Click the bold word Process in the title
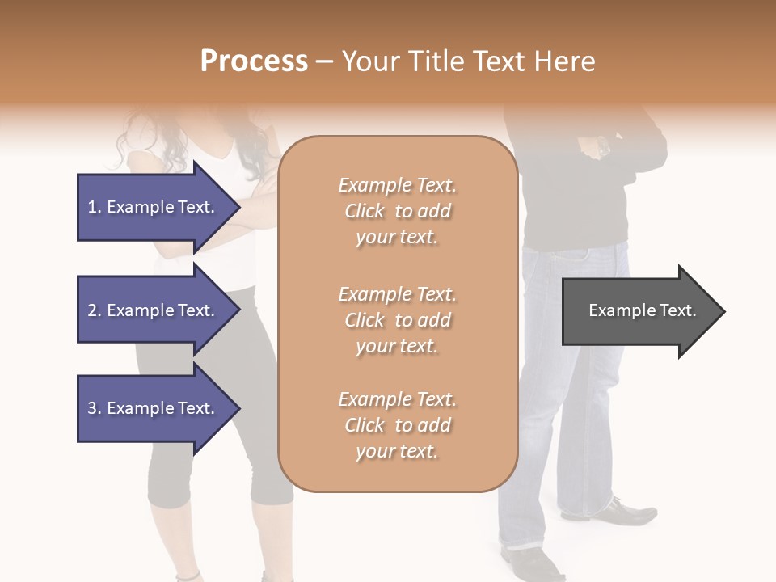click(254, 61)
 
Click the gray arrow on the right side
click(639, 311)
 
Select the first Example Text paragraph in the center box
click(397, 211)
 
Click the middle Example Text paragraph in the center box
click(397, 320)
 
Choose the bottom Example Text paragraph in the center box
click(397, 425)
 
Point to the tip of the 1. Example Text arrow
click(238, 207)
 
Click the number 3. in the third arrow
click(94, 408)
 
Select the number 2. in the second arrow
click(94, 310)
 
